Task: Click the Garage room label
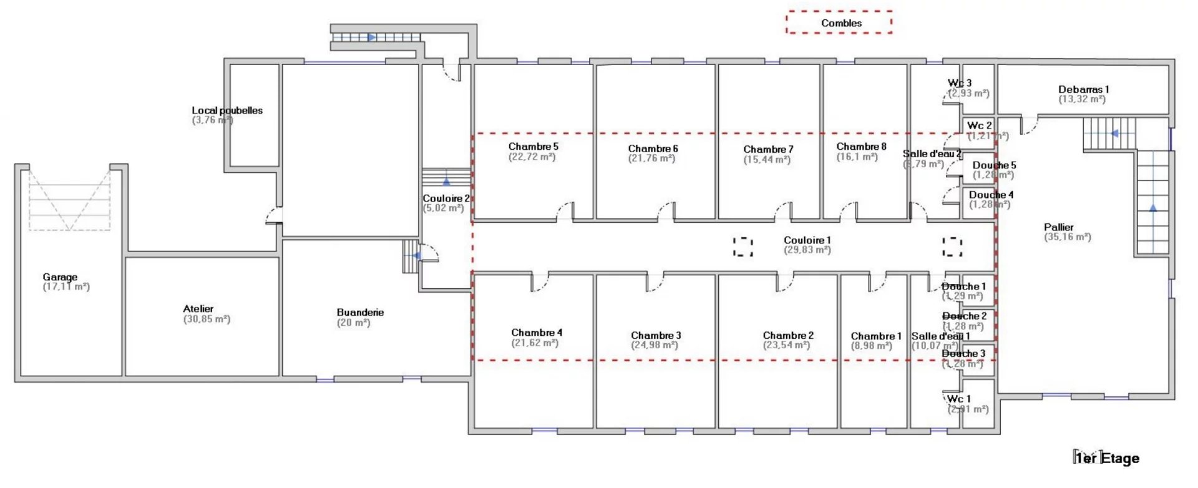tap(60, 277)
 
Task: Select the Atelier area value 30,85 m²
tap(207, 319)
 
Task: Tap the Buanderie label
tap(360, 312)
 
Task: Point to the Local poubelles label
tap(227, 110)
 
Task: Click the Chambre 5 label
tap(533, 147)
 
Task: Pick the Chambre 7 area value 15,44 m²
tap(767, 160)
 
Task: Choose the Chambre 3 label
tap(656, 335)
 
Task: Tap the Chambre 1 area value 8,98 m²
tap(872, 346)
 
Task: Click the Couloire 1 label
tap(807, 240)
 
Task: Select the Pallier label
tap(1059, 227)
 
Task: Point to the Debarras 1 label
tap(1083, 89)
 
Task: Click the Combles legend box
tap(839, 22)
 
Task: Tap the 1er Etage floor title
tap(1107, 459)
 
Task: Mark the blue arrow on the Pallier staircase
tap(1152, 208)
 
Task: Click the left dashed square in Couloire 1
tap(743, 246)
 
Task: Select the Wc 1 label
tap(958, 399)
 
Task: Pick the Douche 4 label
tap(991, 195)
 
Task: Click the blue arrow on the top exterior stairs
tap(371, 37)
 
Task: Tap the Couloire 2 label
tap(446, 198)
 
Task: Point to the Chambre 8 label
tap(861, 147)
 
